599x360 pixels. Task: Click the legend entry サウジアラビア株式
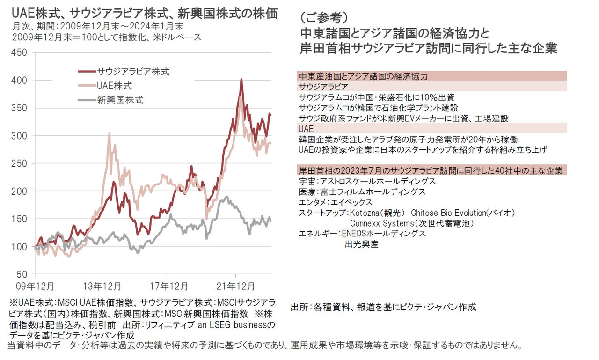pyautogui.click(x=133, y=72)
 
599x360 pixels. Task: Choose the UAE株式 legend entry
pyautogui.click(x=115, y=86)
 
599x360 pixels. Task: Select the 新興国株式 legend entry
pyautogui.click(x=120, y=100)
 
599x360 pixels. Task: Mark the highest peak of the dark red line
pyautogui.click(x=241, y=80)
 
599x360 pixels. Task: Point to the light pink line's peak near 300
pyautogui.click(x=109, y=133)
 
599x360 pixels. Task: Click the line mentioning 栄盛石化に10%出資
pyautogui.click(x=376, y=97)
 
